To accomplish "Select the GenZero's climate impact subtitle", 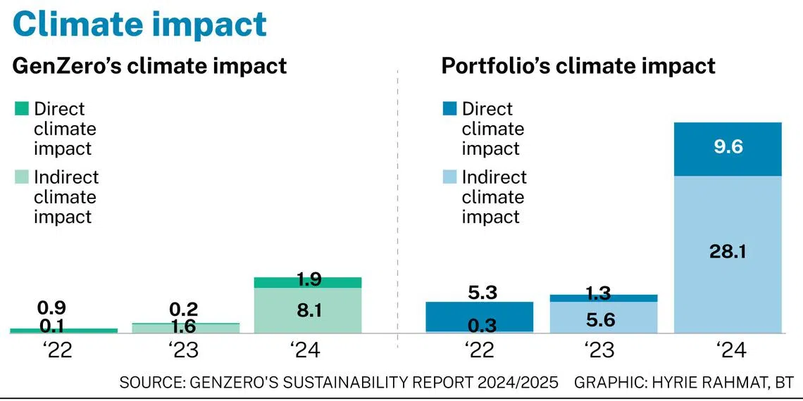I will [150, 66].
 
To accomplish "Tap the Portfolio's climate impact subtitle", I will [578, 66].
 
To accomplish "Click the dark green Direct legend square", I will [22, 109].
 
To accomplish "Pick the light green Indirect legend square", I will [22, 177].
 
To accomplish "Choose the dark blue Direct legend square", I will [449, 109].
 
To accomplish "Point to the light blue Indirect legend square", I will [449, 177].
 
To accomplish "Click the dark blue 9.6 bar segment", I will [728, 149].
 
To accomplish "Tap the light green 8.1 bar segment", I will [307, 310].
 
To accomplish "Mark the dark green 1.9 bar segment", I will [307, 282].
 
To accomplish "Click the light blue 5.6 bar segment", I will [604, 318].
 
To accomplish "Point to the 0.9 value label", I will [53, 308].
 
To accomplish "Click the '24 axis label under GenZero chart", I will [307, 350].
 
